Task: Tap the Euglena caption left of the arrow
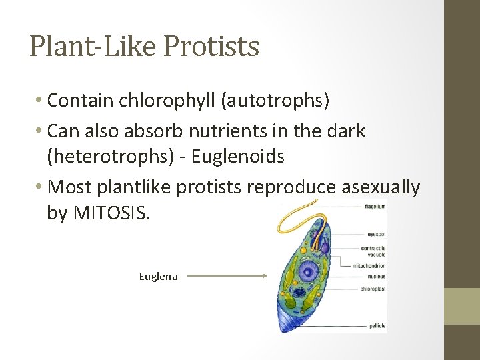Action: point(158,276)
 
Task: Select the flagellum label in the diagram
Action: point(375,207)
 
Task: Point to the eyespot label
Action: point(376,234)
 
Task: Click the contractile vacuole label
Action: point(373,251)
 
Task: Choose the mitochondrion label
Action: point(369,265)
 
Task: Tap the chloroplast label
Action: point(373,289)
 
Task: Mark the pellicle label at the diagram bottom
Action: point(377,326)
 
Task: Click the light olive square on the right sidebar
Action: point(462,306)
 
